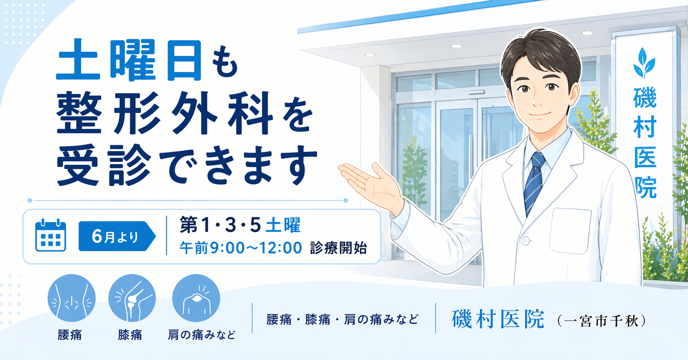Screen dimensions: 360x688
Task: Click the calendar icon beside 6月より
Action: (50, 235)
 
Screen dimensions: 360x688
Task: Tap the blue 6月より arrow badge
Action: (115, 237)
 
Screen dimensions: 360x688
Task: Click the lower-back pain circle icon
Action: (71, 298)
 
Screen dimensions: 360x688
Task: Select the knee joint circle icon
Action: (132, 298)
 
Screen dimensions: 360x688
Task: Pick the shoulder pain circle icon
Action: (196, 298)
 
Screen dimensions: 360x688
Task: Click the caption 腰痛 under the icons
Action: (70, 335)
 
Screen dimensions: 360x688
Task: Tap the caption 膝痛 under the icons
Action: (130, 335)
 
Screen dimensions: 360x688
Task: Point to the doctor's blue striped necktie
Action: (534, 183)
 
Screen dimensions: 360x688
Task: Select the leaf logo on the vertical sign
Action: (644, 63)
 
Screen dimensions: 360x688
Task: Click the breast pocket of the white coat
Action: (570, 230)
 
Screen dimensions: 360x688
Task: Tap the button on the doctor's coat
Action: (526, 241)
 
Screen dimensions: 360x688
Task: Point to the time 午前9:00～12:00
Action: (240, 248)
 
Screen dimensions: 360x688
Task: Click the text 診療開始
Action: (338, 248)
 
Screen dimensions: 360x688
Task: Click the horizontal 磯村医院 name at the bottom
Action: (498, 320)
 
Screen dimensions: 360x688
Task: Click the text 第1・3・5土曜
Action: (240, 225)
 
